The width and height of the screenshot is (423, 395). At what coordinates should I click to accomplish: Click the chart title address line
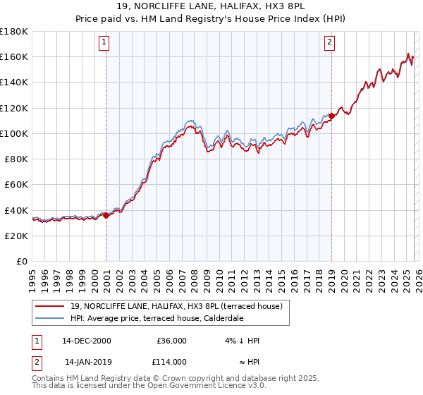pos(211,6)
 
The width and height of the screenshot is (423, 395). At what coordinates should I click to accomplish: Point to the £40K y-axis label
pos(16,210)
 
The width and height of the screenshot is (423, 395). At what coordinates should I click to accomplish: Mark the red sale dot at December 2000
pos(106,216)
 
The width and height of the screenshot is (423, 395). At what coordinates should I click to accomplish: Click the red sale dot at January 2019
pos(331,116)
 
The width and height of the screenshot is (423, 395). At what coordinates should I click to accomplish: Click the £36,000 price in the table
pos(171,341)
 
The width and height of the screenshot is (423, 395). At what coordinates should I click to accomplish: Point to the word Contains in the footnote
pos(49,378)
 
